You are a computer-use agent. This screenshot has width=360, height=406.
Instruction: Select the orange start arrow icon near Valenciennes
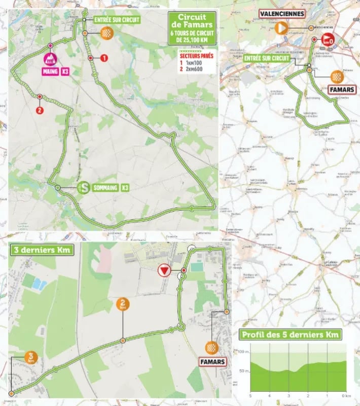pyautogui.click(x=281, y=28)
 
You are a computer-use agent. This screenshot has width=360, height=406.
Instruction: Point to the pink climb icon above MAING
pyautogui.click(x=51, y=57)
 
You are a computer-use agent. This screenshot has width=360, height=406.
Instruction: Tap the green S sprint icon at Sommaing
pyautogui.click(x=85, y=188)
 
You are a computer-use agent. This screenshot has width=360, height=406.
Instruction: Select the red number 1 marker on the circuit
pyautogui.click(x=104, y=58)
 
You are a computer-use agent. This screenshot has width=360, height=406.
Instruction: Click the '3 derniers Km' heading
pyautogui.click(x=41, y=249)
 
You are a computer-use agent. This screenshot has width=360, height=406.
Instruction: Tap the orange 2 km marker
pyautogui.click(x=123, y=304)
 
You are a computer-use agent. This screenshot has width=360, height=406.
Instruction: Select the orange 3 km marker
pyautogui.click(x=31, y=358)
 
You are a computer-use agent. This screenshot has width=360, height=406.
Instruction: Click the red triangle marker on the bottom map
pyautogui.click(x=163, y=271)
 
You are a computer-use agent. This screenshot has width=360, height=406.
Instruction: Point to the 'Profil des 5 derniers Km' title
pyautogui.click(x=291, y=334)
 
